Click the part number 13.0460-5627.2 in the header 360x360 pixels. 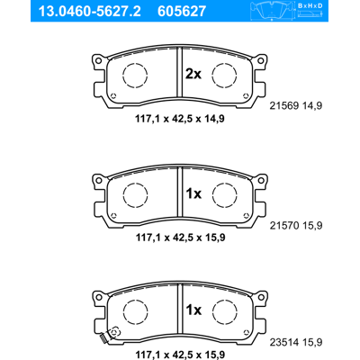pyautogui.click(x=89, y=11)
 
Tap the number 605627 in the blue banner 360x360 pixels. pyautogui.click(x=182, y=11)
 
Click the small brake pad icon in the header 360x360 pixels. pyautogui.click(x=273, y=11)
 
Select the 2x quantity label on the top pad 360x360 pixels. pyautogui.click(x=193, y=74)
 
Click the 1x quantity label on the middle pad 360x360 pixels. pyautogui.click(x=193, y=194)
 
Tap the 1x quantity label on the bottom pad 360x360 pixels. pyautogui.click(x=193, y=310)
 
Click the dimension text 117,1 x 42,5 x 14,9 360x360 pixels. pyautogui.click(x=180, y=119)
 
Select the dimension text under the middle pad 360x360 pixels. pyautogui.click(x=180, y=238)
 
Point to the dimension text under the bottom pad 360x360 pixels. pyautogui.click(x=180, y=354)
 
